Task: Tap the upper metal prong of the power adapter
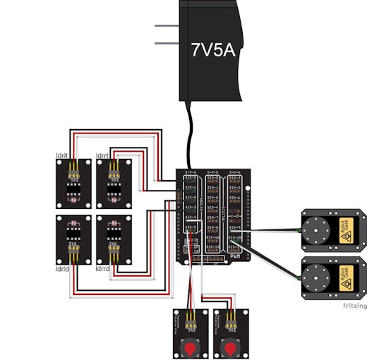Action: coord(167,27)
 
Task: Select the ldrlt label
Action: coord(61,155)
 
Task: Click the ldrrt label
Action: coord(102,155)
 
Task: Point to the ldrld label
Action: coord(61,269)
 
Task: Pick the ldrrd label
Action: coord(103,269)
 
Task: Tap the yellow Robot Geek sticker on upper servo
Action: coord(346,234)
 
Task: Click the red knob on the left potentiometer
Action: coord(191,348)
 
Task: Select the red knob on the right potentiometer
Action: coord(230,348)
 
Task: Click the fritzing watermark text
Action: coord(354,306)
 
